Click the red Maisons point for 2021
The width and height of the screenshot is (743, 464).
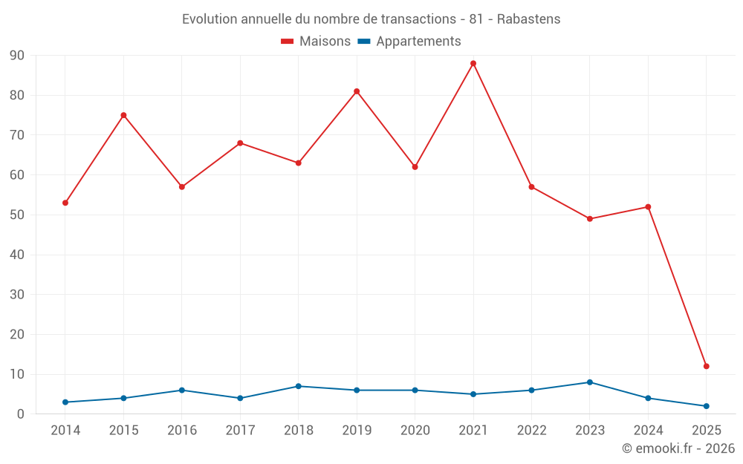click(x=473, y=63)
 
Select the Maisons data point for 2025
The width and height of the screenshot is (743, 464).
click(x=706, y=366)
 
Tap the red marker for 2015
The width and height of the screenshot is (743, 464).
click(x=123, y=115)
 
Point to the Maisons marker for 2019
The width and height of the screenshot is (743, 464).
click(x=357, y=91)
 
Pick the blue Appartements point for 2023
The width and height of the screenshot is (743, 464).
click(x=590, y=382)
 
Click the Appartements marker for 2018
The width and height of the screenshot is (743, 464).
click(x=299, y=386)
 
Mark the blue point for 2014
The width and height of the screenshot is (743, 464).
click(x=65, y=402)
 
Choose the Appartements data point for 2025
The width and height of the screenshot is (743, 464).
click(x=706, y=406)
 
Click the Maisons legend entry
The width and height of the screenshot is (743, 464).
click(x=316, y=42)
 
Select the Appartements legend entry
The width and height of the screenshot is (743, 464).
click(x=409, y=42)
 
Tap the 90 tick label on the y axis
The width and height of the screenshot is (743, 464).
click(x=17, y=56)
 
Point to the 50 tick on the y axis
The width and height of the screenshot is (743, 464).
click(x=17, y=215)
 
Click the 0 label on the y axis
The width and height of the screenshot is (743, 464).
click(x=21, y=414)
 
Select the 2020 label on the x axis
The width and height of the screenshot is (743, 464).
click(x=415, y=430)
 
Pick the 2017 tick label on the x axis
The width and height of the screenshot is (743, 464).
click(x=240, y=430)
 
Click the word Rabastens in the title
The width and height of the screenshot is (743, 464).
click(x=528, y=19)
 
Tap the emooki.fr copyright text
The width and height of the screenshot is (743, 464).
click(x=678, y=448)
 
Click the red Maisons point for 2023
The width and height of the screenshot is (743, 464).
click(x=590, y=219)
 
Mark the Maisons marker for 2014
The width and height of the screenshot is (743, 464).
click(x=65, y=203)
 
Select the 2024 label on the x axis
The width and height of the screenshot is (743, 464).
click(x=648, y=430)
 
